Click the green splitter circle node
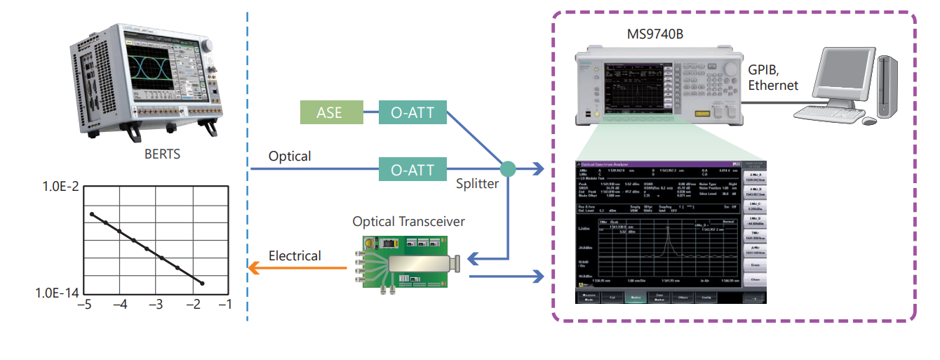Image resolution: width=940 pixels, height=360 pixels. [x=507, y=169]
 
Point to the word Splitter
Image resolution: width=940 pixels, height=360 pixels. [x=477, y=185]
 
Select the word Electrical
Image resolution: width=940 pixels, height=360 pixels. [x=295, y=256]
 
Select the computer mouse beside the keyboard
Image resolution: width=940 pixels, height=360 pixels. [x=869, y=121]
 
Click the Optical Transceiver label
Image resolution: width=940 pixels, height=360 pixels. [x=408, y=222]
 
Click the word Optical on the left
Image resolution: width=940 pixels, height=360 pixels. [x=290, y=156]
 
